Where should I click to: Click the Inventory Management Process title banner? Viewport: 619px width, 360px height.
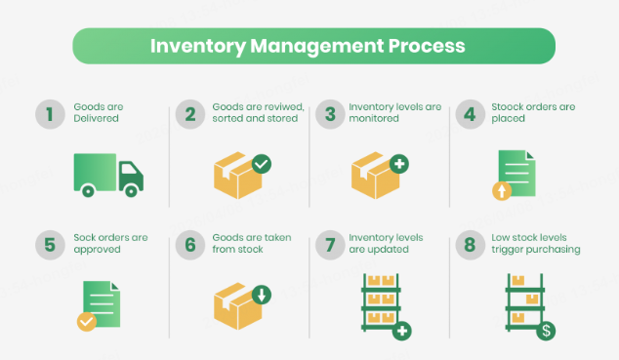pyautogui.click(x=309, y=46)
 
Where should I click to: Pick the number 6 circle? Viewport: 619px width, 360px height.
pyautogui.click(x=187, y=244)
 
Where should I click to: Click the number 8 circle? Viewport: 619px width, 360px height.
pyautogui.click(x=470, y=244)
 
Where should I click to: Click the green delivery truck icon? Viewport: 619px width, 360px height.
pyautogui.click(x=107, y=174)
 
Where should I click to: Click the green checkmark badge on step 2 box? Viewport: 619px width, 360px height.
pyautogui.click(x=261, y=164)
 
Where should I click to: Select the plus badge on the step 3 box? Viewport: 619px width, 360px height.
pyautogui.click(x=399, y=164)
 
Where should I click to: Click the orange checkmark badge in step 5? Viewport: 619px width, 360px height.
pyautogui.click(x=87, y=321)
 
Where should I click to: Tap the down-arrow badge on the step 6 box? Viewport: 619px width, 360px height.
pyautogui.click(x=261, y=294)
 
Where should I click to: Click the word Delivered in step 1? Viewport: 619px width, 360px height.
pyautogui.click(x=96, y=118)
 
